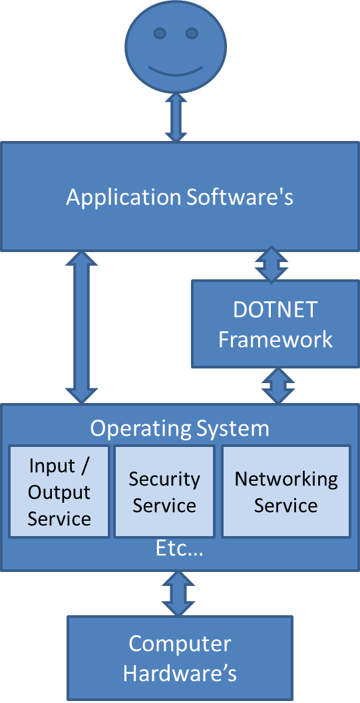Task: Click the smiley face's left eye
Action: click(x=159, y=33)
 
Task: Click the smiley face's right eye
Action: click(x=192, y=33)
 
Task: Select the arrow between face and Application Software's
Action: click(x=176, y=117)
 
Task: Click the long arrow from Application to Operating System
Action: click(x=81, y=327)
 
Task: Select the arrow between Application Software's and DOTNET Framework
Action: click(x=271, y=265)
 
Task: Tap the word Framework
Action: click(x=275, y=339)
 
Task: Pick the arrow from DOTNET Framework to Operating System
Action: click(x=277, y=385)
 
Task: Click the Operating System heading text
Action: click(x=180, y=428)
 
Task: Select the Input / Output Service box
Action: click(x=59, y=492)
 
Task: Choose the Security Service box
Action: click(x=164, y=492)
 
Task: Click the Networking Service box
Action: click(x=286, y=492)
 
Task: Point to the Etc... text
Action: click(x=179, y=549)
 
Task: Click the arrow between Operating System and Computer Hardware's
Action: click(x=178, y=593)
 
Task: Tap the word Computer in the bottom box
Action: click(x=180, y=644)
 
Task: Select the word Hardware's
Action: click(x=180, y=673)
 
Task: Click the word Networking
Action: click(x=286, y=479)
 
